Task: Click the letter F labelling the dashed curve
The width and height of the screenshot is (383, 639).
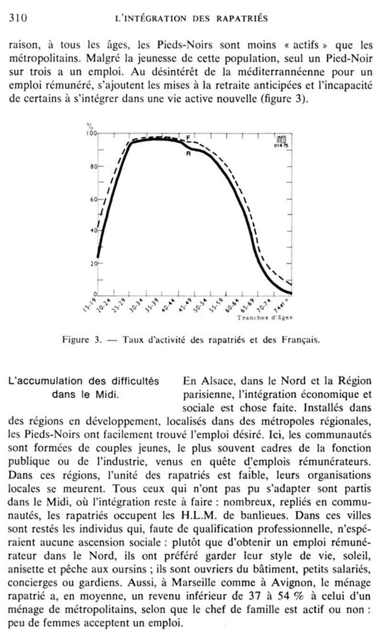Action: point(188,138)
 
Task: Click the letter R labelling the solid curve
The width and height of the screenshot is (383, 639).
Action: point(188,154)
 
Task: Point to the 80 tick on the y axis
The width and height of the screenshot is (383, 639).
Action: point(93,167)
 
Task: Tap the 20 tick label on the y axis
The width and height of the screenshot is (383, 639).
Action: point(93,263)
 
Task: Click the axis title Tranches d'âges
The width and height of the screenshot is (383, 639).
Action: point(264,317)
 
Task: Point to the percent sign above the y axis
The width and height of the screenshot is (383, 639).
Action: point(89,126)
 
